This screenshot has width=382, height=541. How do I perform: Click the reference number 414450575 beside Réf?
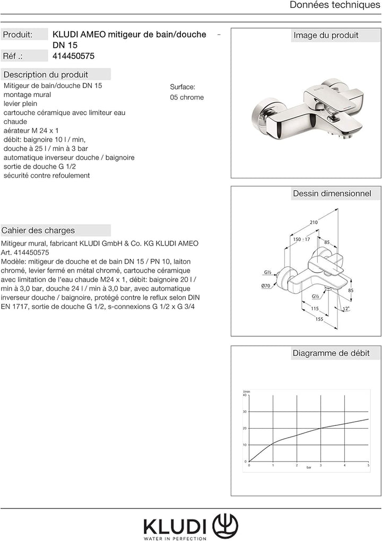74,56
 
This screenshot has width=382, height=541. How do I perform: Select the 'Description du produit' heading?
46,75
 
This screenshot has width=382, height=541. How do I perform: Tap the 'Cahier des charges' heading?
38,231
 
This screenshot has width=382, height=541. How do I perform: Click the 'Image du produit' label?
326,36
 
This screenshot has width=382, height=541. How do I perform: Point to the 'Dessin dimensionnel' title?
332,194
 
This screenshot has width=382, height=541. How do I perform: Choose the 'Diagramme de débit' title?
331,353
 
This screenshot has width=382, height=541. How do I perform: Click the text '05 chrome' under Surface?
187,98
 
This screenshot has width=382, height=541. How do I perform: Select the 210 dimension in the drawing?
314,222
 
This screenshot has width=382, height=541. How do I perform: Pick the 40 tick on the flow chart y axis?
245,395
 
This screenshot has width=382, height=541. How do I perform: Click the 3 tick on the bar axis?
320,465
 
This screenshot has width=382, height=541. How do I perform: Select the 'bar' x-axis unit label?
309,468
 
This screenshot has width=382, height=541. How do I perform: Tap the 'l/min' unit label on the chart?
246,391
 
